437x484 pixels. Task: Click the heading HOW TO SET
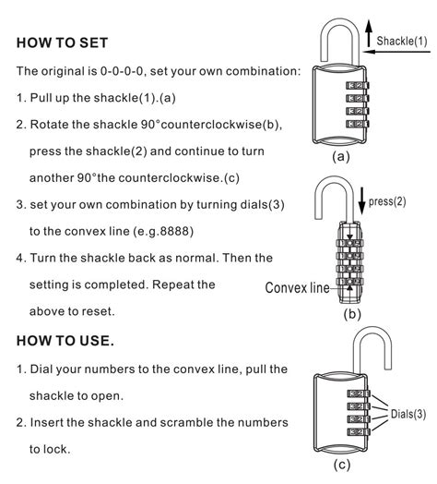pos(63,43)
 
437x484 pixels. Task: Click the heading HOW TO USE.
pos(65,342)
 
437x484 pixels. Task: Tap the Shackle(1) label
pos(402,41)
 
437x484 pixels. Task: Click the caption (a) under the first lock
pos(341,157)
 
